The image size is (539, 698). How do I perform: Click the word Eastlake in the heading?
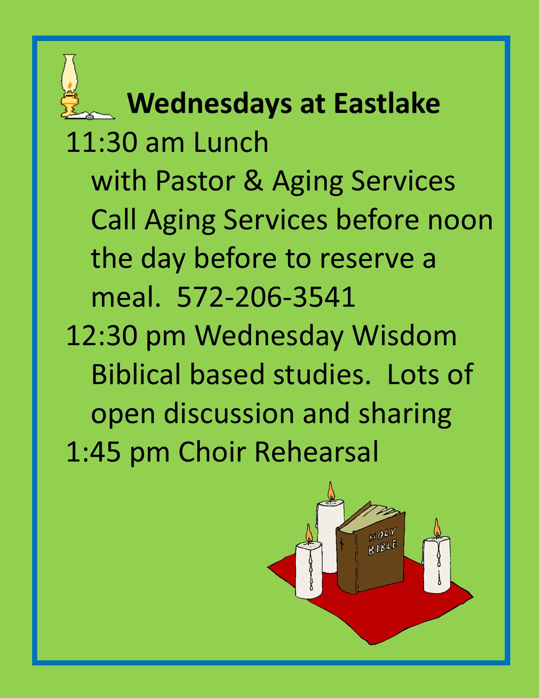386,104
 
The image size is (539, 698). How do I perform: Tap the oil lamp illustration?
69,86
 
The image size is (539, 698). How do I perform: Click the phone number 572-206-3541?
266,297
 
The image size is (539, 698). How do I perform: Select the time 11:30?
101,142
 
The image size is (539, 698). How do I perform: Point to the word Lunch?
231,142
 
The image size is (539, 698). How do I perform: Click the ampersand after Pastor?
254,181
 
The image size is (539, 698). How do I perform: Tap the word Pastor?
195,181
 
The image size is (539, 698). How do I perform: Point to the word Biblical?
136,374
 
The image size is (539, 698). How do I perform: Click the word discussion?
229,413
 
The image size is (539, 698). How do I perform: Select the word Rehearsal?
317,452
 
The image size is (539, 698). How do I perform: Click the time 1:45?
93,452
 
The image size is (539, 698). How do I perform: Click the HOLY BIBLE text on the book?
383,541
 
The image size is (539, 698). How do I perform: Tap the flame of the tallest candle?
331,492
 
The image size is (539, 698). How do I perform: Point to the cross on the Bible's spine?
342,544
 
